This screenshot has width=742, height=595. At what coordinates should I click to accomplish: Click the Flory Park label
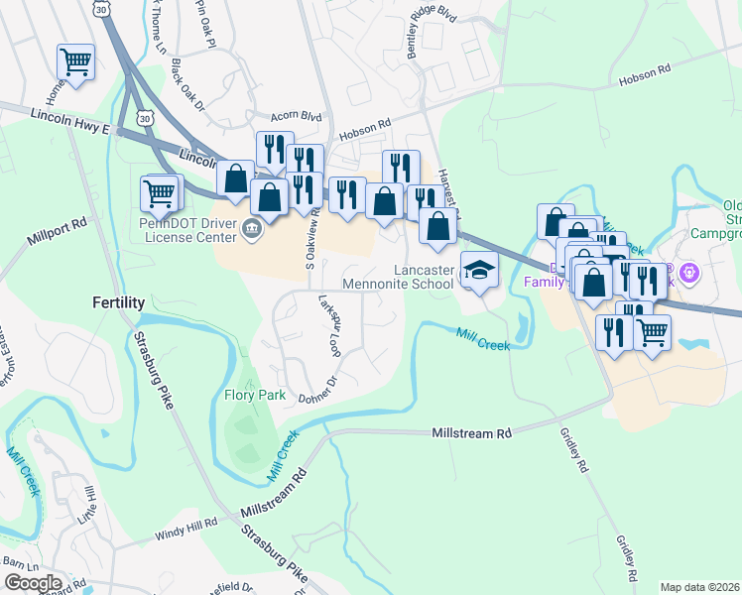[254, 396]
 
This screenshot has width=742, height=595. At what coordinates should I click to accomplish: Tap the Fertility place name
[118, 301]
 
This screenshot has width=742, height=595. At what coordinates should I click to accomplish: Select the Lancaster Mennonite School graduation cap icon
[479, 270]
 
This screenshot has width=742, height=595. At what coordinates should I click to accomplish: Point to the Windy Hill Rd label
[185, 533]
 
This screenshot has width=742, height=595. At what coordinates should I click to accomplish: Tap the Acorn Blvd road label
[289, 116]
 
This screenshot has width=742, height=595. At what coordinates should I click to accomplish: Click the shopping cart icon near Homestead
[75, 61]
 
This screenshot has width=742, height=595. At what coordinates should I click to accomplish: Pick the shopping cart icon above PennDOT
[160, 192]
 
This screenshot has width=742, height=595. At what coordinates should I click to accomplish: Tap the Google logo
[33, 583]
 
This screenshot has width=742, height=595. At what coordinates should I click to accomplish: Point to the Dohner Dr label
[318, 386]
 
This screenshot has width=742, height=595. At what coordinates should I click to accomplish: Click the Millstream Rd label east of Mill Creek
[472, 433]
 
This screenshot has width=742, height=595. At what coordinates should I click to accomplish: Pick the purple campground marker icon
[691, 271]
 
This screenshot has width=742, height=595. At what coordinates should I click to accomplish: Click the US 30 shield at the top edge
[102, 8]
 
